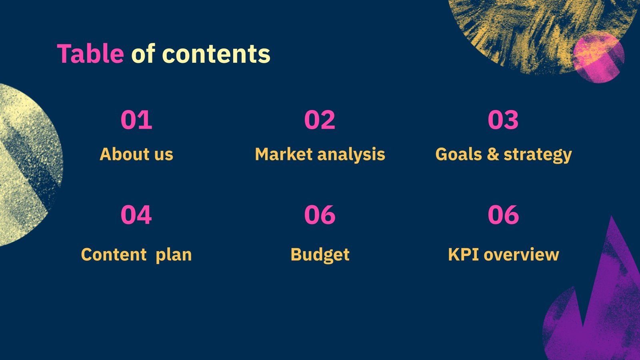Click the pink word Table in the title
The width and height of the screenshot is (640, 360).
tap(90, 54)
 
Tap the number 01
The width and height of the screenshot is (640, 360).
tap(136, 120)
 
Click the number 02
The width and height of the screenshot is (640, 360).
tap(320, 120)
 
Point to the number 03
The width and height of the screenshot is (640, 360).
tap(503, 120)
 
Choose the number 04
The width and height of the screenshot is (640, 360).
tap(136, 215)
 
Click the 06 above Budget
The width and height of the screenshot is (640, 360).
tap(320, 215)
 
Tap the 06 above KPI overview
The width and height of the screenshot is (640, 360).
tap(503, 215)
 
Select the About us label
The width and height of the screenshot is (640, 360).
tap(136, 154)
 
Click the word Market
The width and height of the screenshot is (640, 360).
tap(283, 154)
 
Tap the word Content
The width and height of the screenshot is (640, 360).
tap(114, 254)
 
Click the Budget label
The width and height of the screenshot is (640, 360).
tap(320, 255)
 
